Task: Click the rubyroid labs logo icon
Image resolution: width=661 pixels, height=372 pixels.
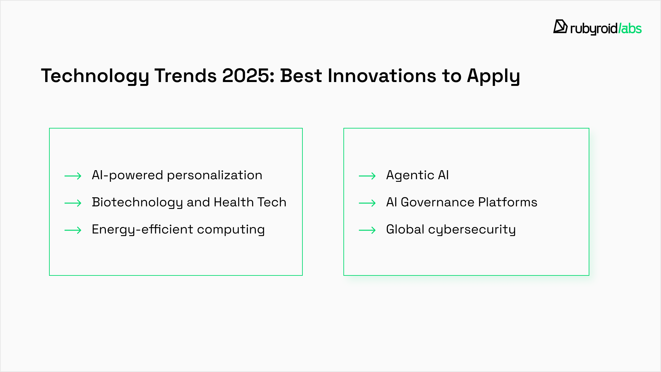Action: [560, 26]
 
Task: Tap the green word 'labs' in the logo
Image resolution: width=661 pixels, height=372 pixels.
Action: [631, 29]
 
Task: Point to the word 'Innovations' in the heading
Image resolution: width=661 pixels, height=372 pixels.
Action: [382, 76]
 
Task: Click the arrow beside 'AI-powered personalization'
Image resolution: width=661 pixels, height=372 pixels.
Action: [73, 176]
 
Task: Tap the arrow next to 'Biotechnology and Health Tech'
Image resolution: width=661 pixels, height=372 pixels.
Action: [73, 203]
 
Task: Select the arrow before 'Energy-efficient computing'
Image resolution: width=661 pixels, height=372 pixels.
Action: [73, 230]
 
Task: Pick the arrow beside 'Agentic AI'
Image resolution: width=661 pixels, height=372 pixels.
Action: [367, 176]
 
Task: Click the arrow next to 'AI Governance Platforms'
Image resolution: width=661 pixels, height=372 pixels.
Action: [367, 203]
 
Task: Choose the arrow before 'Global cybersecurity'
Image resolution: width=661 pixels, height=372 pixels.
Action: [367, 230]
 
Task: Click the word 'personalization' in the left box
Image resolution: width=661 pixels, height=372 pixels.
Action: [215, 176]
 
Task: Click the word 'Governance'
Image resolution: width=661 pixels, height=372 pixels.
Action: [437, 202]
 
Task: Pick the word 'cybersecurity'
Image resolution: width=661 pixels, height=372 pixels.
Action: [472, 230]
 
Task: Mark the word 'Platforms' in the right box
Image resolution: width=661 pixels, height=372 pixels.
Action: [508, 202]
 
